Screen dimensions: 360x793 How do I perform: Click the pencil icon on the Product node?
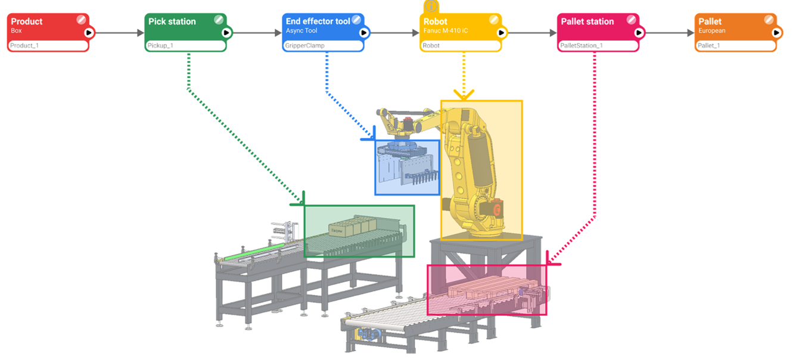click(x=82, y=20)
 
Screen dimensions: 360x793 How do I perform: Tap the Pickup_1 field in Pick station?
click(x=185, y=45)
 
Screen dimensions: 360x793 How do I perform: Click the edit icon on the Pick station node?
click(x=219, y=20)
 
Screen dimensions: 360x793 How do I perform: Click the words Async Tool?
click(x=301, y=30)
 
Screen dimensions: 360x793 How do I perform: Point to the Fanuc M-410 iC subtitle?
click(x=447, y=30)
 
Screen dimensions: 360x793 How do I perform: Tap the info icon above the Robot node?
click(x=431, y=5)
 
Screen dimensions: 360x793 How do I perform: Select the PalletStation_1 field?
click(x=598, y=45)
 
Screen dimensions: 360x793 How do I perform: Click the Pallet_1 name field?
click(x=735, y=45)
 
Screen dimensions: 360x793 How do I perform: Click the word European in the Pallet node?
click(x=712, y=30)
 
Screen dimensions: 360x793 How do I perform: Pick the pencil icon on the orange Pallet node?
click(x=769, y=20)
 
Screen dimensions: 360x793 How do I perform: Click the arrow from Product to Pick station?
click(x=117, y=32)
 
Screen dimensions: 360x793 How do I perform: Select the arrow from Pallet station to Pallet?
click(x=667, y=32)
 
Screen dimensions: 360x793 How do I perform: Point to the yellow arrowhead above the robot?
click(x=464, y=94)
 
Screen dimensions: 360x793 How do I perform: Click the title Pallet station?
click(x=587, y=21)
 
